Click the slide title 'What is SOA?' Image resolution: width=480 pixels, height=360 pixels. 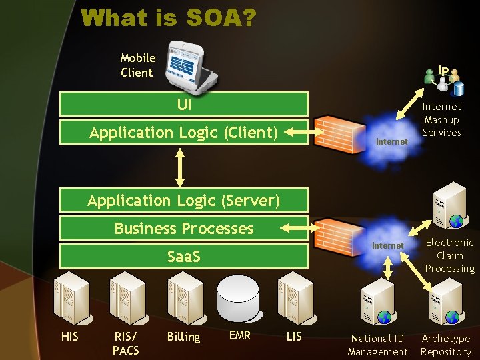coord(168,18)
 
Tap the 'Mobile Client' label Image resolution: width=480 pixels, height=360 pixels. coord(137,65)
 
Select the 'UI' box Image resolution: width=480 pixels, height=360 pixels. coord(184,104)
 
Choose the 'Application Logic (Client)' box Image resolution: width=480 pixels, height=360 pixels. coord(184,133)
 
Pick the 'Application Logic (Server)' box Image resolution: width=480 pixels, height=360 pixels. coord(184,200)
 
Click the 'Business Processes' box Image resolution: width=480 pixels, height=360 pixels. coord(184,229)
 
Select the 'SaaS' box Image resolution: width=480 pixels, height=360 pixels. coord(184,257)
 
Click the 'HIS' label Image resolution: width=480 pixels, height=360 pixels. coord(69,337)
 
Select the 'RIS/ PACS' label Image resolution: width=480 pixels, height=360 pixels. coord(125,343)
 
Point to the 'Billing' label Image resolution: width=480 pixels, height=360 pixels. coord(183,337)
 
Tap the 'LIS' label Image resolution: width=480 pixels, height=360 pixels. coord(294,337)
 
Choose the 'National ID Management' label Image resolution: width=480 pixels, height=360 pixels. coord(377,345)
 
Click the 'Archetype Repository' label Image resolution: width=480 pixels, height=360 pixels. coord(446,345)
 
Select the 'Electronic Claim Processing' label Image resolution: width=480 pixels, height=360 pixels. coord(450,255)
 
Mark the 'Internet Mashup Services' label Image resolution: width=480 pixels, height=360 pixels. coord(442,119)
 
